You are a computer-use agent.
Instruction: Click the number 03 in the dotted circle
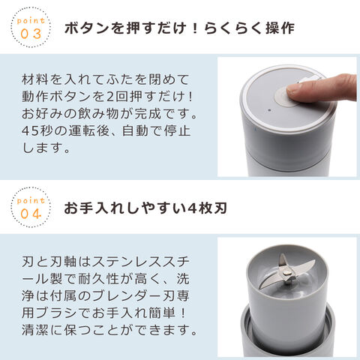[31, 34]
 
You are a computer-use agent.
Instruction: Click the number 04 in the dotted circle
[31, 214]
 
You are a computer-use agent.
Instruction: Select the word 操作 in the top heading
[280, 28]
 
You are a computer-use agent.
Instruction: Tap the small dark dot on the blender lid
[269, 109]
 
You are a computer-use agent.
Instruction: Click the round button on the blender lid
[285, 96]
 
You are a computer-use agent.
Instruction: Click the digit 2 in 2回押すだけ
[110, 97]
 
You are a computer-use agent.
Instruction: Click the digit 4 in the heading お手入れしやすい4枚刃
[191, 208]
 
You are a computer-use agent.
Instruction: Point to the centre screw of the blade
[288, 272]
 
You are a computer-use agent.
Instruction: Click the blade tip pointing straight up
[282, 256]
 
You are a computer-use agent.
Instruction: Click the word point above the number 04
[31, 201]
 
